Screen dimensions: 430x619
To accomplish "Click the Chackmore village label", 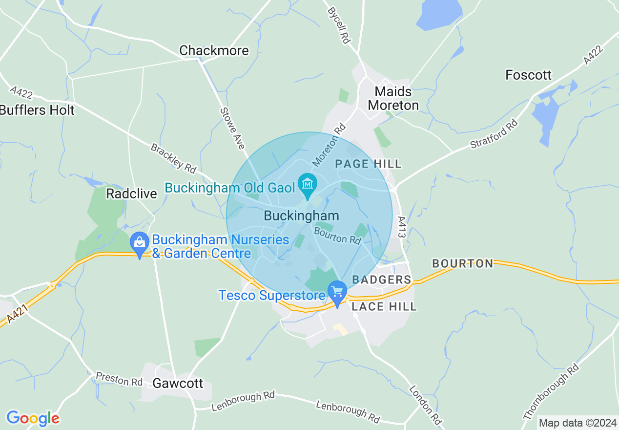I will (x=214, y=50).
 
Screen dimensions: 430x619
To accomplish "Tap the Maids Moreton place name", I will (x=393, y=98).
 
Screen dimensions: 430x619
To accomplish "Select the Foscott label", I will (x=528, y=75).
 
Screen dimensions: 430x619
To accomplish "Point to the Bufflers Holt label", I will (x=37, y=110).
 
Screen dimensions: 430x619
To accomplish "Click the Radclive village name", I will (x=132, y=194).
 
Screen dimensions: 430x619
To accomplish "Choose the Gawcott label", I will (x=178, y=383).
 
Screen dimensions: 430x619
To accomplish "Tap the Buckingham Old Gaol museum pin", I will (x=308, y=185).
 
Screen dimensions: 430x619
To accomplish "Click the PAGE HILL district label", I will (x=368, y=164).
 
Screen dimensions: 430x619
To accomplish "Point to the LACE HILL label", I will (x=385, y=306).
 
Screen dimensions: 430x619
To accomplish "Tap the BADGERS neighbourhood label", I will (x=382, y=279).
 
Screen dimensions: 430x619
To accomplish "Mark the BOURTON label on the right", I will (x=463, y=264).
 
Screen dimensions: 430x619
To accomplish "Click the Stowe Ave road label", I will (x=232, y=128).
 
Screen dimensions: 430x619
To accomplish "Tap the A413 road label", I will (x=402, y=227).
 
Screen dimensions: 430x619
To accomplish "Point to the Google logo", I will (x=33, y=418).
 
